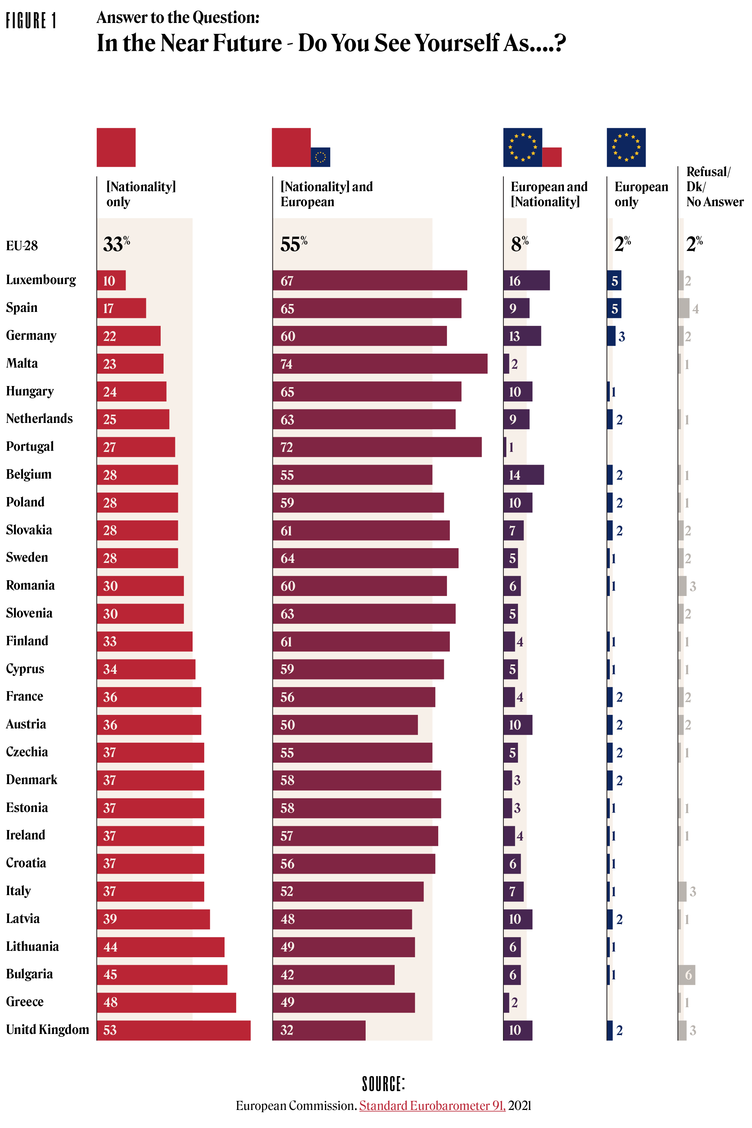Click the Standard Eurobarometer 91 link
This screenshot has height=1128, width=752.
432,1105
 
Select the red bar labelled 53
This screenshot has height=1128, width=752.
174,1030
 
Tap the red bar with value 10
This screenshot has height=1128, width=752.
111,281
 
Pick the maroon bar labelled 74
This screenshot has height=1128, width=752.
380,364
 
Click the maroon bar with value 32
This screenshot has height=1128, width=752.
319,1030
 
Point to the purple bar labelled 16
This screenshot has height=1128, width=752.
526,281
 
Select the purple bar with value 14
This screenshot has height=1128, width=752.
523,475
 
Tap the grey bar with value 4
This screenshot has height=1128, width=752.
684,309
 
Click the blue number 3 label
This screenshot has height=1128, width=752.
621,337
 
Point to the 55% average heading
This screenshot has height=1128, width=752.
293,244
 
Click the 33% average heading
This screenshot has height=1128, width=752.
116,244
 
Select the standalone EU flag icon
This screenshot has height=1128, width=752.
626,147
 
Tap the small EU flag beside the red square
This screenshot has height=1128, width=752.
321,157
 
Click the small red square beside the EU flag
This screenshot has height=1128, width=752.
552,157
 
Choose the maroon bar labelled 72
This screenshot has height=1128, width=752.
377,447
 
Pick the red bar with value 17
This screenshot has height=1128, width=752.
122,309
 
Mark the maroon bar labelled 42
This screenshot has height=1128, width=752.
333,974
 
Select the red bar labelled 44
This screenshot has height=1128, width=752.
161,947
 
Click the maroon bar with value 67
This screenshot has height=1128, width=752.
370,281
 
